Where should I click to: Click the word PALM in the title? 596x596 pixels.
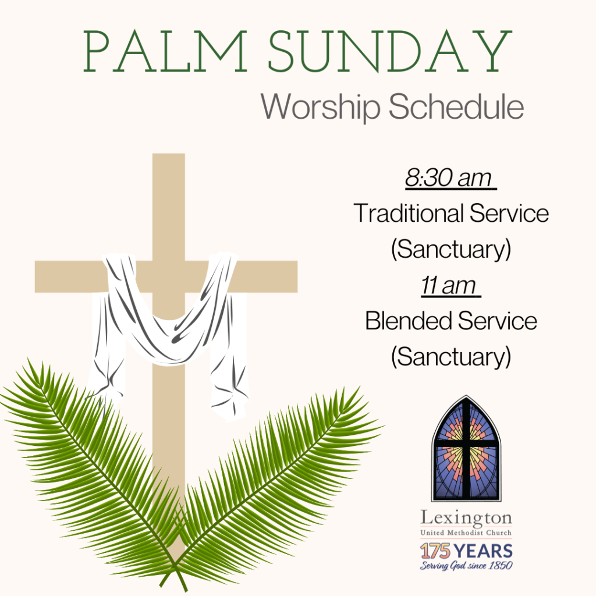coord(165,51)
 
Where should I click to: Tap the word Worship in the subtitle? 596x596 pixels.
coord(321,107)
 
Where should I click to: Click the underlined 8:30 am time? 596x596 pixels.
coord(450,178)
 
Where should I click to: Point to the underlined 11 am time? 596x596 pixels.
coord(450,285)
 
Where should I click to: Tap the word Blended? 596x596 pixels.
coord(408,321)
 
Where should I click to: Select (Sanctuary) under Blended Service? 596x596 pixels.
coord(451,357)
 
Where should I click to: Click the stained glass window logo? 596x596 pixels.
coord(466,449)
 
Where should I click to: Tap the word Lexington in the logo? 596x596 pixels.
coord(466,519)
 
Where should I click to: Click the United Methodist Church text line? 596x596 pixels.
coord(466,533)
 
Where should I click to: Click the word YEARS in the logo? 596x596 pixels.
coord(483,551)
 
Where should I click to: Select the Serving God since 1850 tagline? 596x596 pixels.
coord(466,566)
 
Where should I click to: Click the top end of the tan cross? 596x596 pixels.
coord(168,154)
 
